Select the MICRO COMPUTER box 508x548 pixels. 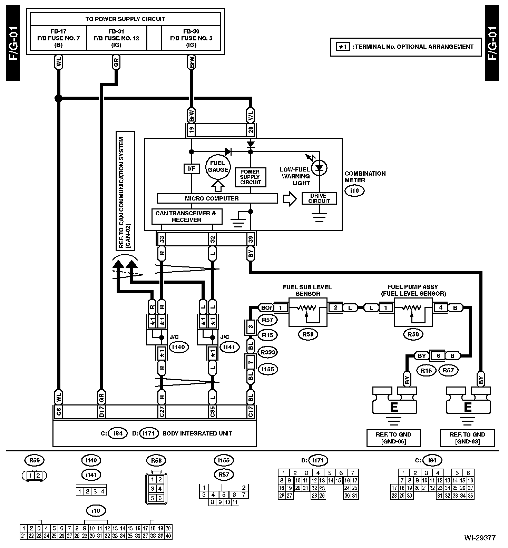coord(217,198)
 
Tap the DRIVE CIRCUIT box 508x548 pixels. coord(319,198)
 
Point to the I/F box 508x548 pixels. coord(191,169)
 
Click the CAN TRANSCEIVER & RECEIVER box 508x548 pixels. coord(187,216)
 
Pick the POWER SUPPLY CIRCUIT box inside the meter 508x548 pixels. coord(250,177)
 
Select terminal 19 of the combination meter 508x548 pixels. coord(192,129)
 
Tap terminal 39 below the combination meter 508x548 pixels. coord(251,238)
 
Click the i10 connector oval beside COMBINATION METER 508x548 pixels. coord(354,190)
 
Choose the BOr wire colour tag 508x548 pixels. coord(266,307)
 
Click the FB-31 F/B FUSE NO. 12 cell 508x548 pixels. coord(116,38)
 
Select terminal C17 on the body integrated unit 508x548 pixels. coord(251,412)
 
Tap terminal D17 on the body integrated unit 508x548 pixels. coord(101,412)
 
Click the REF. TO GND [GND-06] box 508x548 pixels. coord(393,438)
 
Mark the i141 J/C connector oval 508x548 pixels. coord(229,347)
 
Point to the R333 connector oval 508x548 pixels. coord(268,352)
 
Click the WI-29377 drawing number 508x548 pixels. coord(480,538)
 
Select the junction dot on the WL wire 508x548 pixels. coord(58,98)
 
